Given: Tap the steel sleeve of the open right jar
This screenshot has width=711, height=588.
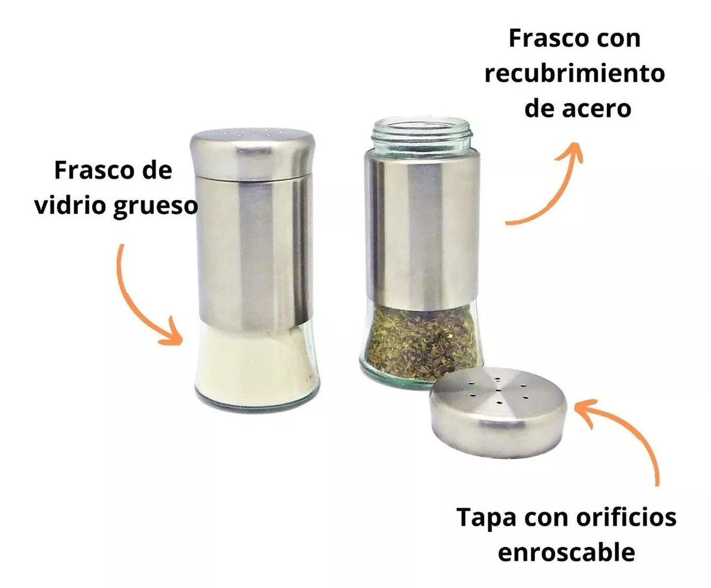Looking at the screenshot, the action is coord(422,228).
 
